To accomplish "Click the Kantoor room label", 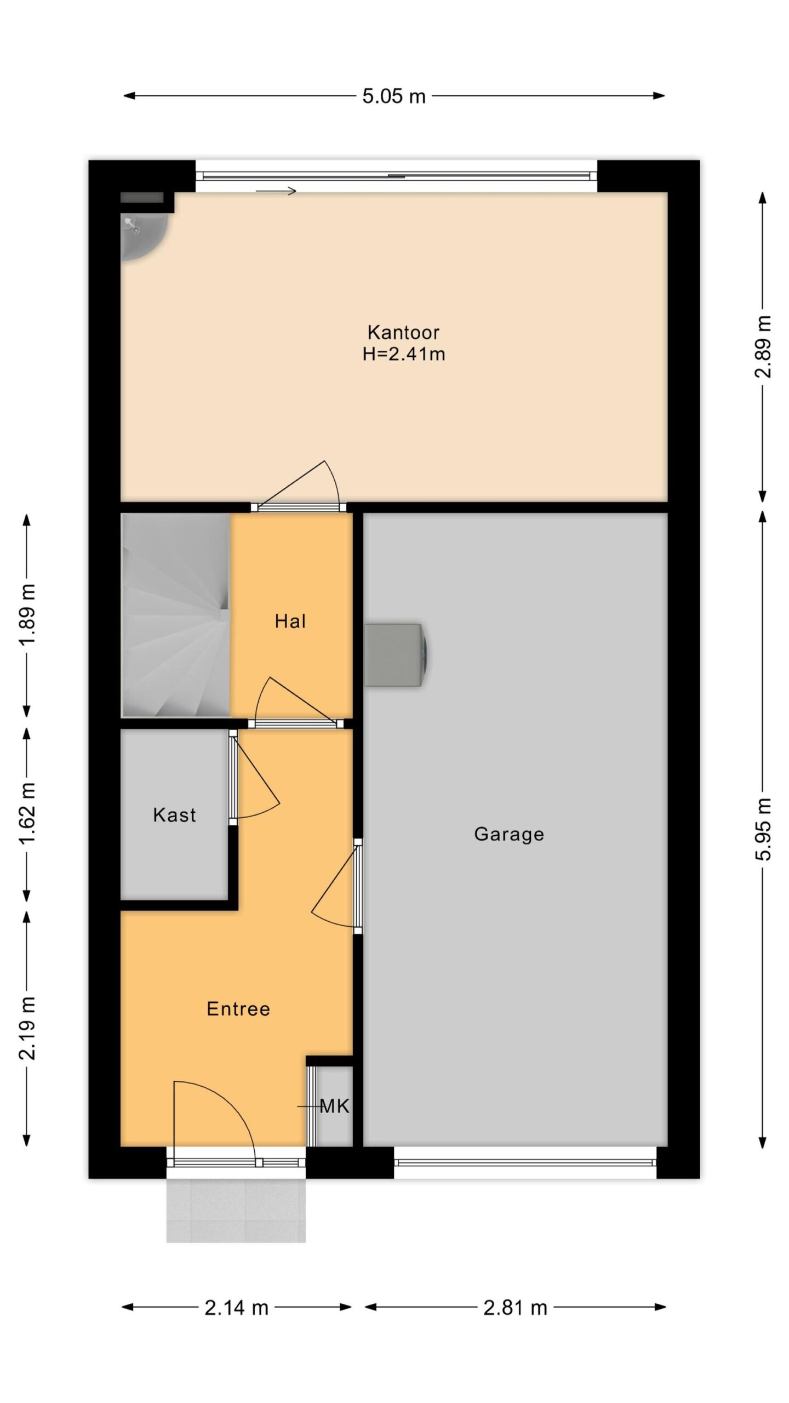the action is (x=403, y=332).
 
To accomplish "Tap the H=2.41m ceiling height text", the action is (x=404, y=354).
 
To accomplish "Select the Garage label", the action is (x=509, y=834).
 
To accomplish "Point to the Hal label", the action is (x=290, y=621).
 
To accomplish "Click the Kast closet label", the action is (x=174, y=815).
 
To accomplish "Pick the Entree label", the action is (x=238, y=1009).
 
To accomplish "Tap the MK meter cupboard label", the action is (x=334, y=1107).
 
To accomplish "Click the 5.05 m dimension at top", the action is (x=394, y=96).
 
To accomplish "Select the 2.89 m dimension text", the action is (x=763, y=347).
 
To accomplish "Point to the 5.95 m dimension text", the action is (x=763, y=829).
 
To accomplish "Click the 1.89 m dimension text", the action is (x=27, y=615).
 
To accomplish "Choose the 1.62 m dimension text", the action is (x=27, y=814).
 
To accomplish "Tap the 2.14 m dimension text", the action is (x=237, y=1308).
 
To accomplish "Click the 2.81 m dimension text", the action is (x=515, y=1308).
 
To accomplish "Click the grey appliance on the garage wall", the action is (x=396, y=654).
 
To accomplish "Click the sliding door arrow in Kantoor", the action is (x=276, y=191).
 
